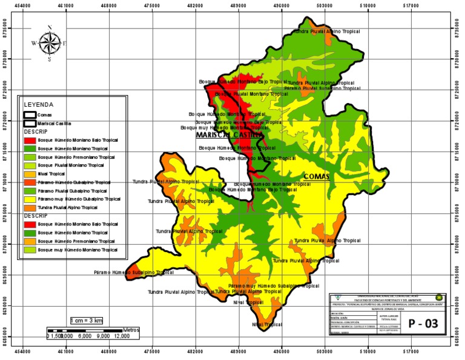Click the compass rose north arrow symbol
(50, 42)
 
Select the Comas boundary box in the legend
(29, 114)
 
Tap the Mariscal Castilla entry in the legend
(29, 122)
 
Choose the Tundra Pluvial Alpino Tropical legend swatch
(29, 207)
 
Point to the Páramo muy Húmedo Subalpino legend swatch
(29, 199)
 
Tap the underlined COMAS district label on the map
(315, 176)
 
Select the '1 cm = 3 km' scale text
(87, 319)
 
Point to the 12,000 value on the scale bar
(130, 335)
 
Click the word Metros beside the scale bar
(130, 330)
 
